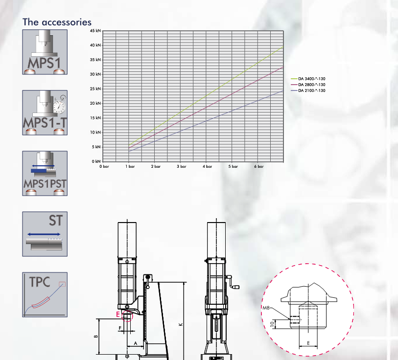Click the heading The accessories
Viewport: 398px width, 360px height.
click(x=57, y=22)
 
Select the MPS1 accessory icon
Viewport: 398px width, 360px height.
click(x=45, y=52)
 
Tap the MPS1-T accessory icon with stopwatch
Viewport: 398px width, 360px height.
click(x=45, y=112)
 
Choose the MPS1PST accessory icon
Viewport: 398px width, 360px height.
click(x=45, y=173)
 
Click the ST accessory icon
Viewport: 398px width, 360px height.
click(x=45, y=234)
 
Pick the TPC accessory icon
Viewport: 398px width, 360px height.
click(x=45, y=295)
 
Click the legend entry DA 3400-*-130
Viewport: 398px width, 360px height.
click(x=308, y=79)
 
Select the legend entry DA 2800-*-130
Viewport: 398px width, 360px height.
click(x=308, y=85)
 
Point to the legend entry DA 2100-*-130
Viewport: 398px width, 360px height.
click(x=308, y=90)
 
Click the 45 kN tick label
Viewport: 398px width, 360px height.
click(x=95, y=31)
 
